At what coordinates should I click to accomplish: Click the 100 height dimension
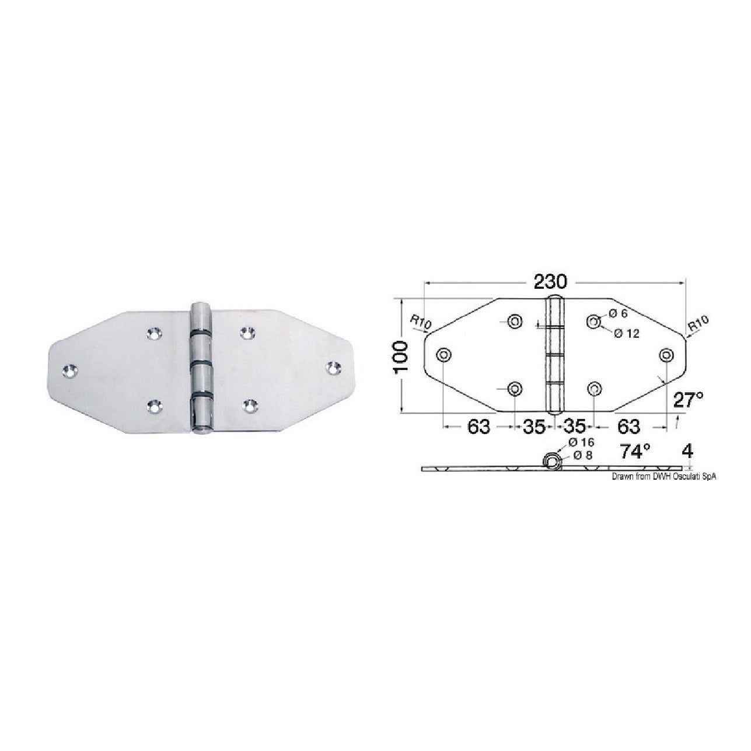point(401,356)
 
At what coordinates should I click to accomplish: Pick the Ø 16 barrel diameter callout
point(581,442)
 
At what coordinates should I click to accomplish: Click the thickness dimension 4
point(687,451)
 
